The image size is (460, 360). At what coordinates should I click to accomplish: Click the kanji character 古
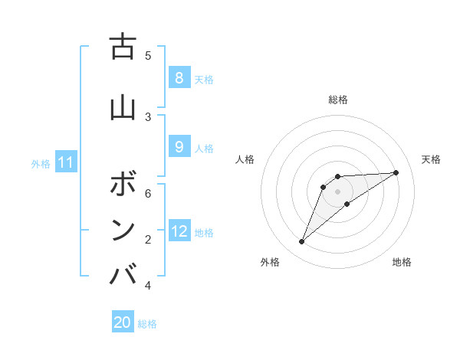(x=123, y=47)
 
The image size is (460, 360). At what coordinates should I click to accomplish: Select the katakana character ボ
(x=123, y=184)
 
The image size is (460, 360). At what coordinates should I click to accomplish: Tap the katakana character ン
(x=123, y=230)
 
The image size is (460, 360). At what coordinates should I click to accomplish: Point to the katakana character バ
(x=123, y=274)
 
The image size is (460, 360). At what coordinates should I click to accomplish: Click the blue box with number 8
(x=179, y=77)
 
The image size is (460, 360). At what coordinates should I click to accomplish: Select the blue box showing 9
(x=179, y=146)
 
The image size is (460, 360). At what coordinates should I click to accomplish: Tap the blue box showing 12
(x=179, y=231)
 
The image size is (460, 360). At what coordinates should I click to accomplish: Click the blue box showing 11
(x=67, y=162)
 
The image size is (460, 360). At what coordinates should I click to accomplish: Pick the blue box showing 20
(x=123, y=322)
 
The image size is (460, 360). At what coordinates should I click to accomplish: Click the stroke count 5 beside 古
(x=148, y=55)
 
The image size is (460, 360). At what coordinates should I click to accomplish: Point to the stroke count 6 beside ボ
(x=148, y=194)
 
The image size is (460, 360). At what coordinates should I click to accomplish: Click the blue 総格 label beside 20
(x=147, y=324)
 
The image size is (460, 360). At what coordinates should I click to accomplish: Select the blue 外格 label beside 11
(x=41, y=163)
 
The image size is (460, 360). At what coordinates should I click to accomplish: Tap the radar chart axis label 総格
(x=338, y=100)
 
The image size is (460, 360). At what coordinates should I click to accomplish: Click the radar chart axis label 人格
(x=245, y=159)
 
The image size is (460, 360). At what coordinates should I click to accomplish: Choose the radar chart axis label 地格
(x=402, y=262)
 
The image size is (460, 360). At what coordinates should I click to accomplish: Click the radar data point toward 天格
(x=396, y=172)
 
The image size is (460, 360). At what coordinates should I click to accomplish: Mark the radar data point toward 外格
(x=301, y=242)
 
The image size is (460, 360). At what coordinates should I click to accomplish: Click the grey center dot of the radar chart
(x=338, y=191)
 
